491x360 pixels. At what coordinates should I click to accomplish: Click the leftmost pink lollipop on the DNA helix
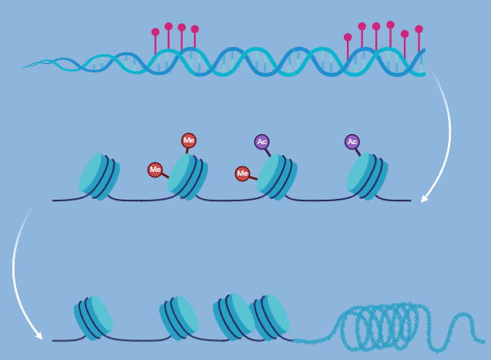pyautogui.click(x=155, y=32)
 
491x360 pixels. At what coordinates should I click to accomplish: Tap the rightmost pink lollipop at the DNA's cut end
pyautogui.click(x=419, y=29)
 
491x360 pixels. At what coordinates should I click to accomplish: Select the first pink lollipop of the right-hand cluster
pyautogui.click(x=348, y=37)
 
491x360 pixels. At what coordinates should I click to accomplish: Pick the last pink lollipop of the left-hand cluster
pyautogui.click(x=195, y=29)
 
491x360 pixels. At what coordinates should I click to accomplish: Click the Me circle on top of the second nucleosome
pyautogui.click(x=188, y=140)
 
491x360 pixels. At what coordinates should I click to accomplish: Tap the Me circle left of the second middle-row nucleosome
pyautogui.click(x=155, y=170)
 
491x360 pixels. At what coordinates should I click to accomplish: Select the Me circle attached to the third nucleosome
pyautogui.click(x=242, y=173)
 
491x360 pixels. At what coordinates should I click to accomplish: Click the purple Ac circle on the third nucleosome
pyautogui.click(x=262, y=142)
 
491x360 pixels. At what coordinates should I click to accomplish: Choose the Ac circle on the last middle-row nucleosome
pyautogui.click(x=352, y=142)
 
